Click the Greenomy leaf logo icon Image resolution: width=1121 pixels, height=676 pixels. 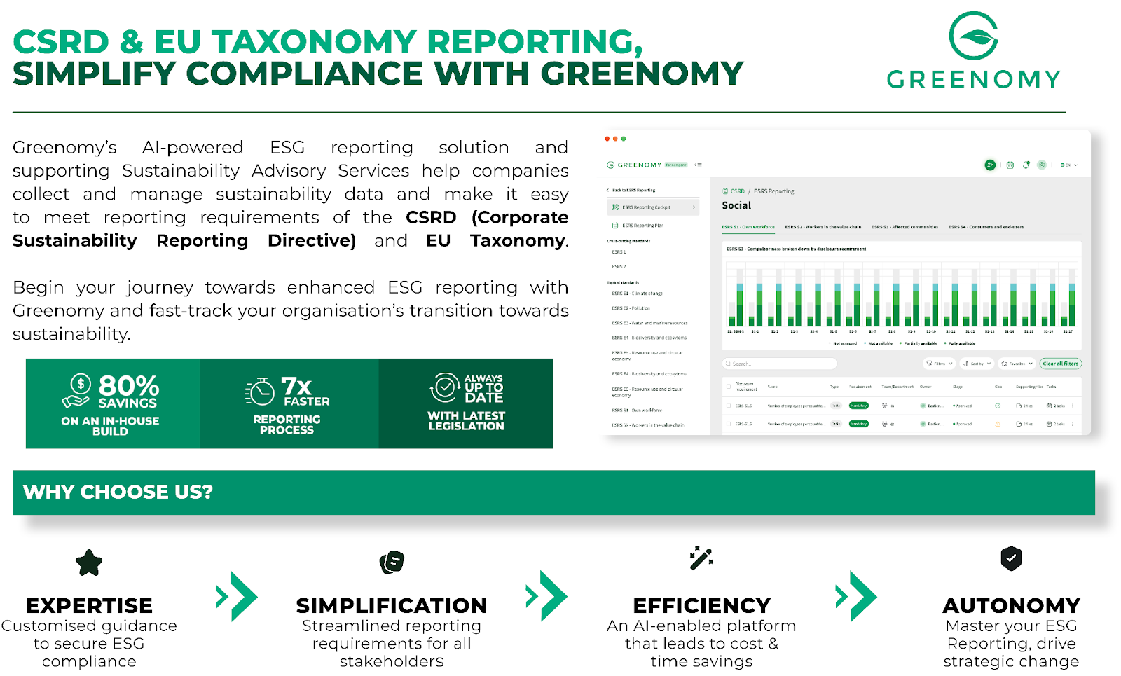[x=973, y=36]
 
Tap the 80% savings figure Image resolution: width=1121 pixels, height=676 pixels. [x=128, y=387]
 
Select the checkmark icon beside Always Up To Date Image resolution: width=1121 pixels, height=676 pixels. [x=445, y=387]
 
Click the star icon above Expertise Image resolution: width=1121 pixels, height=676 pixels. [x=89, y=563]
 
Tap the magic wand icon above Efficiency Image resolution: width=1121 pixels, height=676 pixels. [x=701, y=558]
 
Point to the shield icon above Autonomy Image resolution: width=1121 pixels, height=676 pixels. [x=1011, y=558]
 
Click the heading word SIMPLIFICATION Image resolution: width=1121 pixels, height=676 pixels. [x=391, y=605]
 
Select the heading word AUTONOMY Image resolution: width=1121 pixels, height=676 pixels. [x=1011, y=605]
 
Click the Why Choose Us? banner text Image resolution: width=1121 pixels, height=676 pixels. [x=118, y=492]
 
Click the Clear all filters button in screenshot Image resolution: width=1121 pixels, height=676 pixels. [x=1060, y=364]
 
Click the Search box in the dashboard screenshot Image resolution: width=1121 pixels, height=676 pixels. [x=779, y=364]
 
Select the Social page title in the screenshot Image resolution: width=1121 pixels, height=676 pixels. [x=736, y=205]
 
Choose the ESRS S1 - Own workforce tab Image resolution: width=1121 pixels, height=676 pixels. [x=748, y=227]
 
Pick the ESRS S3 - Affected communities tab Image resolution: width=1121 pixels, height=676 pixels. [x=905, y=227]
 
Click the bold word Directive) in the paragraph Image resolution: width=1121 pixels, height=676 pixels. [x=312, y=241]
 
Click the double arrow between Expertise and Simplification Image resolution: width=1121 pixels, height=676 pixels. [x=237, y=597]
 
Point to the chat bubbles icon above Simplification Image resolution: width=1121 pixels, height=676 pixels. [x=392, y=562]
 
